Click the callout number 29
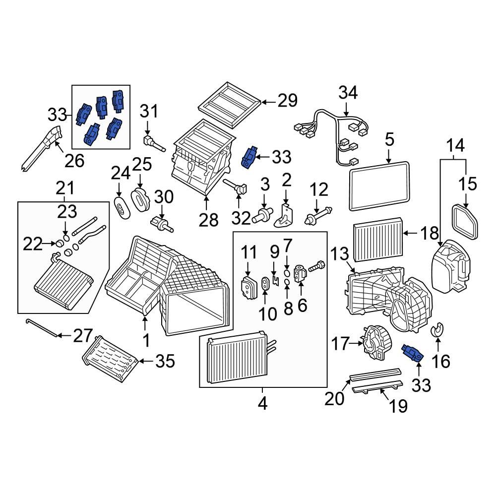point(287,101)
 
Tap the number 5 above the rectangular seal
point(389,140)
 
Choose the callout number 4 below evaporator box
point(262,404)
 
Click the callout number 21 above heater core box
point(64,188)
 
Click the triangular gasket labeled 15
point(466,221)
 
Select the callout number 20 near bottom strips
point(334,398)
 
